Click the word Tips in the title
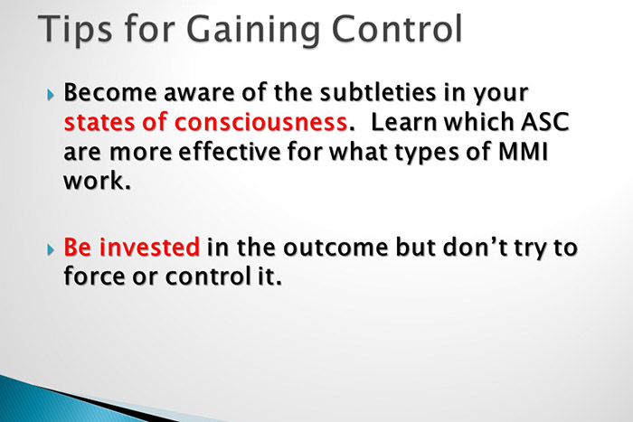(80, 30)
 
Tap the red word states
(103, 122)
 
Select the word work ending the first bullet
(94, 179)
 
